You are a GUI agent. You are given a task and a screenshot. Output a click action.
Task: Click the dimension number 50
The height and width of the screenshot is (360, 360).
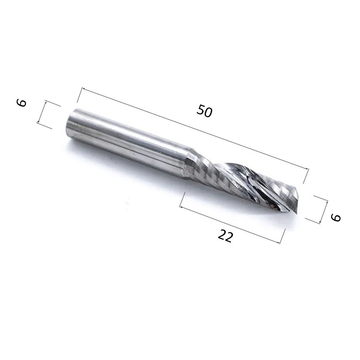click(x=204, y=111)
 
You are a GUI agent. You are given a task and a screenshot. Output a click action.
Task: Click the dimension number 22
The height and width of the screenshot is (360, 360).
click(x=225, y=236)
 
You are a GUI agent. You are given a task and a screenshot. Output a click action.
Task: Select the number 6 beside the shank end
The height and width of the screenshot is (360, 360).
click(x=22, y=103)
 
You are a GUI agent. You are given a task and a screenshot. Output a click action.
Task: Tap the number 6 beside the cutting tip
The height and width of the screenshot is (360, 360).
click(x=336, y=217)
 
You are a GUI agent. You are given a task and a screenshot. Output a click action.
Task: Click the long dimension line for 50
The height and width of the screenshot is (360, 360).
click(x=195, y=128)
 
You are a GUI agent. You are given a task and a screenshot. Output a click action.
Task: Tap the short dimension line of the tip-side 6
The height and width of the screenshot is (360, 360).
click(x=324, y=212)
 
